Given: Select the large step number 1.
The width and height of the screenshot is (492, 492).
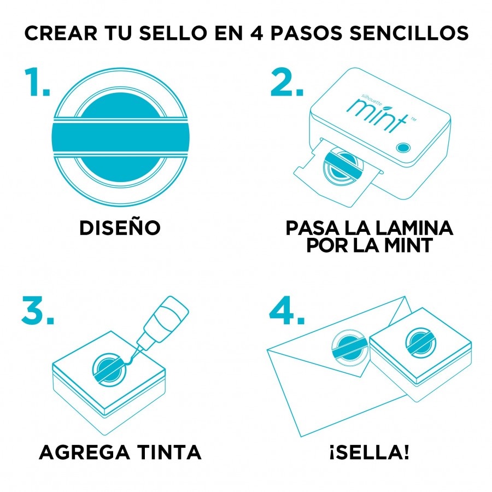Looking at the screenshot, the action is [37, 82].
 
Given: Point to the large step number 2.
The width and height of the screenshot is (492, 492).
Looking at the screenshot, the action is [287, 82].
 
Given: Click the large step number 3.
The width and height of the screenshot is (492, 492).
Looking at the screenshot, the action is [38, 310].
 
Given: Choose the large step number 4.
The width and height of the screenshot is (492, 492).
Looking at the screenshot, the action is [287, 310].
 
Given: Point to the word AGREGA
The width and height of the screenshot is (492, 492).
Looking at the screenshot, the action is [84, 452].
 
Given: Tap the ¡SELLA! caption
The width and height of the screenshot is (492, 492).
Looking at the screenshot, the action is [370, 452].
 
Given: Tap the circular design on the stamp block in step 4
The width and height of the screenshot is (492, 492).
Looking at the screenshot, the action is [420, 342].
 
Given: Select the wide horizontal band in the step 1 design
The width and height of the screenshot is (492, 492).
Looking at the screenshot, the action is [120, 137].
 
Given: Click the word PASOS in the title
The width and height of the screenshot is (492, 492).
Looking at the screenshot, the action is [306, 33].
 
